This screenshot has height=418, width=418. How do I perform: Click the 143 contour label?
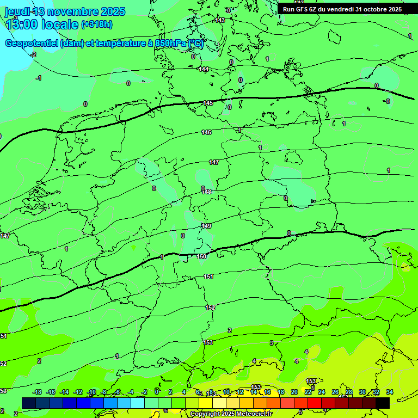point(220,20)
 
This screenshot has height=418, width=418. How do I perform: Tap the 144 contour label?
point(204,69)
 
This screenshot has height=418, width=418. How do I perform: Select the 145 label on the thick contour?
point(208,103)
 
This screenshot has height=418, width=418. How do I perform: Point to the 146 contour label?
point(206,132)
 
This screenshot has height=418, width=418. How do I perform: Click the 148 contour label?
point(206,192)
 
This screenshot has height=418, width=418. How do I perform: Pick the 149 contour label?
point(206,226)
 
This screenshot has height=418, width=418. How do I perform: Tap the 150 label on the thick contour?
point(201,256)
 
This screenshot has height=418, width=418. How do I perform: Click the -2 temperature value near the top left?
point(33,54)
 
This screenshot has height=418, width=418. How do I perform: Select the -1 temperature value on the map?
point(38,78)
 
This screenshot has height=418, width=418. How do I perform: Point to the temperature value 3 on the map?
point(271,343)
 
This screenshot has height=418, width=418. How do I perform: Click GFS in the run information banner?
point(303,9)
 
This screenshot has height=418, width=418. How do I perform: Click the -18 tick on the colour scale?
point(37,392)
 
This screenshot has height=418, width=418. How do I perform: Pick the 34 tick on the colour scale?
point(389,392)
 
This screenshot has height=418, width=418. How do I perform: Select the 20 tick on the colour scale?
point(294,392)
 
